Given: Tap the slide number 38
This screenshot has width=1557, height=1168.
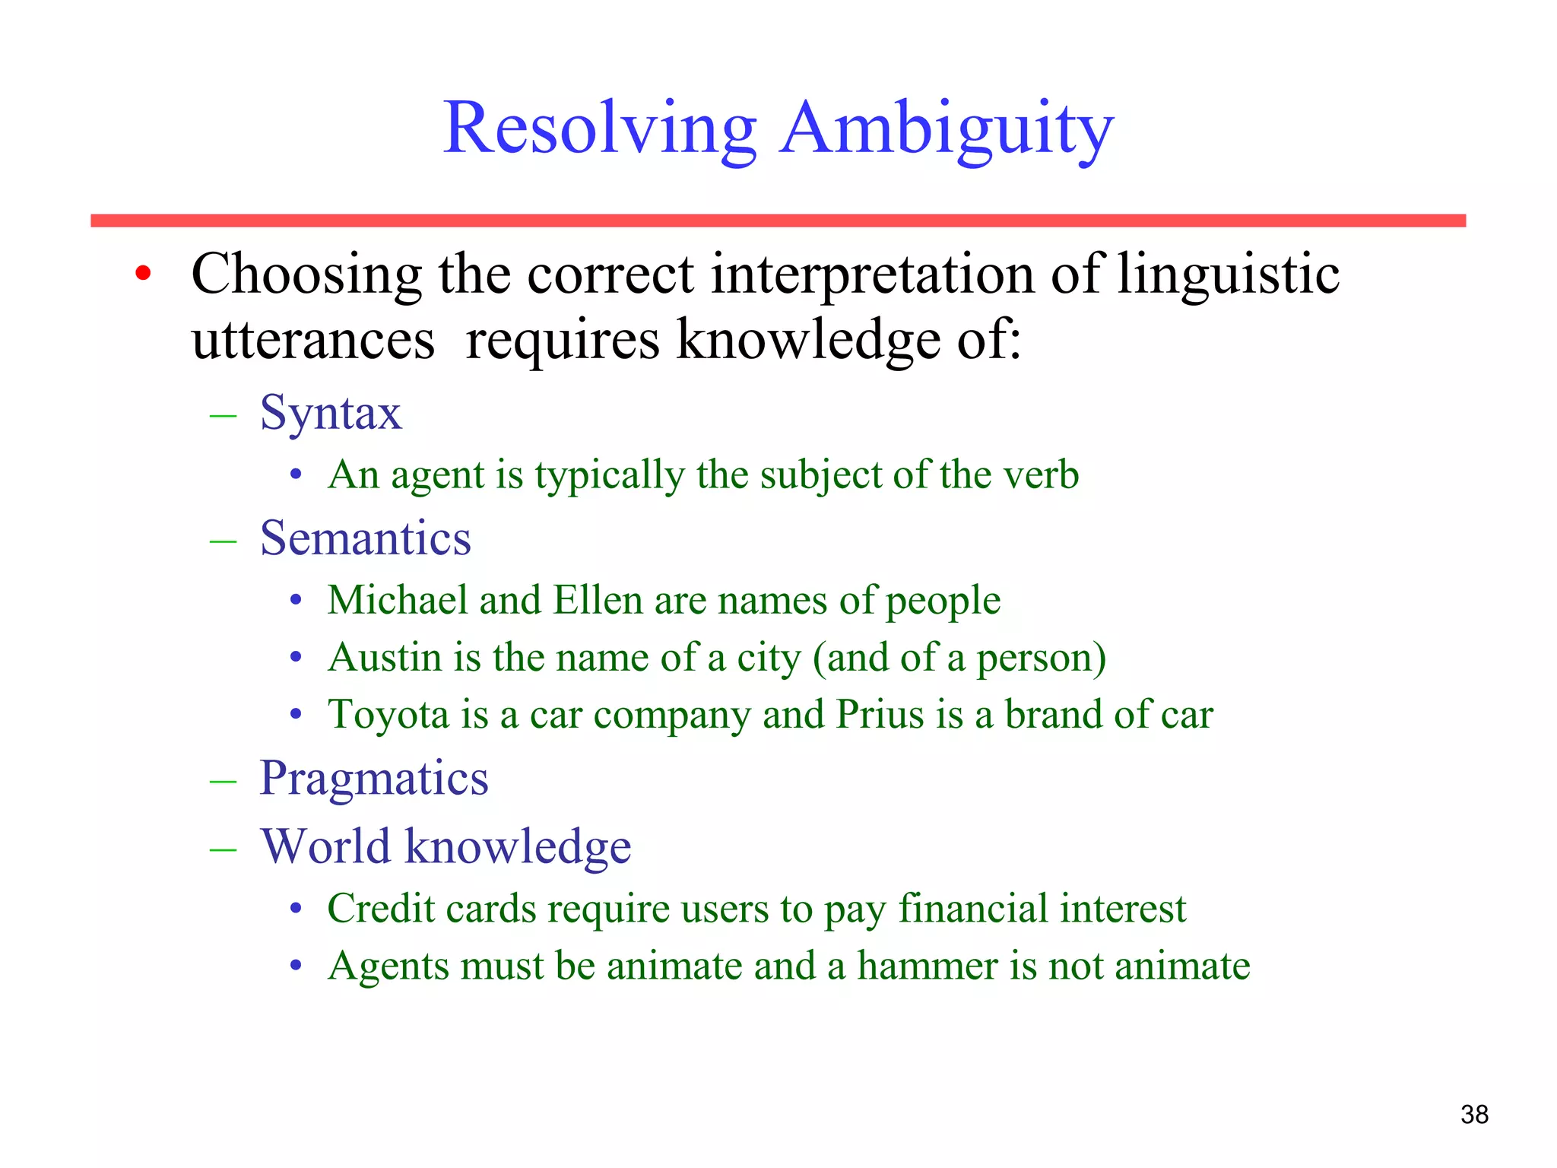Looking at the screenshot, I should [1474, 1114].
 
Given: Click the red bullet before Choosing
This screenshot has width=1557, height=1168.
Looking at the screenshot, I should [143, 274].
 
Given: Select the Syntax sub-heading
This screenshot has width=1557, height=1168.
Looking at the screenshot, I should [331, 414].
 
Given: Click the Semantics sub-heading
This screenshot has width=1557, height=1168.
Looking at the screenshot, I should [365, 539].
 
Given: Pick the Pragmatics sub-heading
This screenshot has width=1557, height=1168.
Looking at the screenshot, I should [373, 779].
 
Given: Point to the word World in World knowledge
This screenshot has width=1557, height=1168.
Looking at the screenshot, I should [325, 846].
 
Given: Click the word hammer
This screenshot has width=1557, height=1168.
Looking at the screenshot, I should [927, 966].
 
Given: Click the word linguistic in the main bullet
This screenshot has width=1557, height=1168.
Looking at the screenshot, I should [1227, 274].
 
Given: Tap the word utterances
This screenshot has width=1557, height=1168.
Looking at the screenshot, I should [312, 340].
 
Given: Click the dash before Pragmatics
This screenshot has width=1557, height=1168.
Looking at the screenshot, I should [223, 782].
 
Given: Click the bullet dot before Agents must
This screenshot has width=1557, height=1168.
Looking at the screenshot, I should [296, 966].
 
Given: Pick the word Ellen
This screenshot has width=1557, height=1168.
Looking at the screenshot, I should [598, 600].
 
